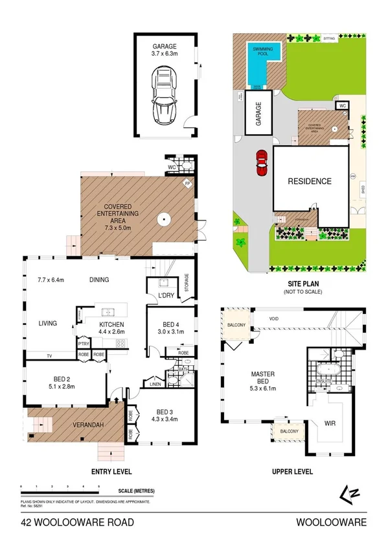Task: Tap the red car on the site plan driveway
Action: (x=262, y=161)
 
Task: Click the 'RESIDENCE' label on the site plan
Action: (x=310, y=182)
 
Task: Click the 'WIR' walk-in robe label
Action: (x=331, y=422)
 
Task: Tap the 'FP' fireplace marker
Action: (x=188, y=184)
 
